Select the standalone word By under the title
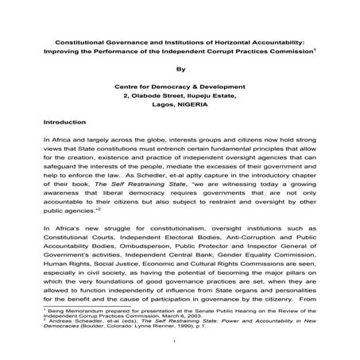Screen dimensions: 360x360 click(x=180, y=69)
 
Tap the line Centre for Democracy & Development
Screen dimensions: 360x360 click(x=180, y=84)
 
